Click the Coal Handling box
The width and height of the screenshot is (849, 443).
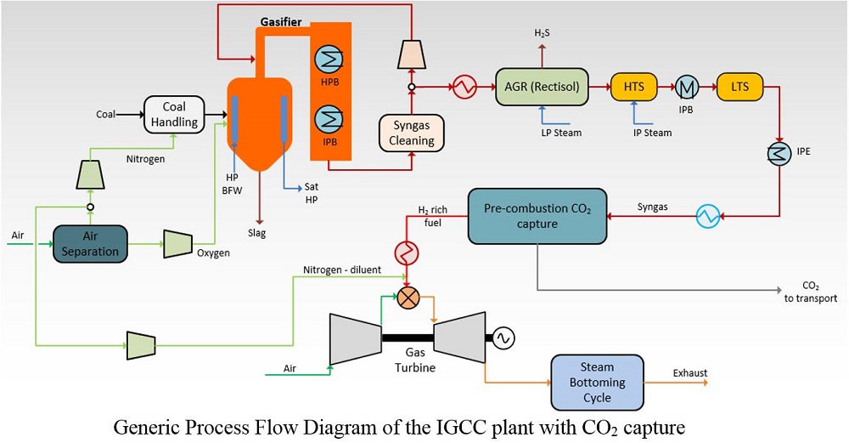pyautogui.click(x=175, y=114)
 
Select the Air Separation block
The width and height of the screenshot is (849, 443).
pyautogui.click(x=89, y=243)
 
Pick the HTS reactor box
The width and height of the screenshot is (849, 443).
pyautogui.click(x=633, y=86)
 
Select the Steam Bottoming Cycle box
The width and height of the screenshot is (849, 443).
pyautogui.click(x=597, y=382)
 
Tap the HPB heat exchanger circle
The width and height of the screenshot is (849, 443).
pyautogui.click(x=329, y=58)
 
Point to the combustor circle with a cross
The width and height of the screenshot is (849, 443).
pyautogui.click(x=408, y=298)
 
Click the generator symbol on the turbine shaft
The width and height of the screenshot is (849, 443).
pyautogui.click(x=501, y=338)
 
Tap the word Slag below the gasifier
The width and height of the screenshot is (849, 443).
pyautogui.click(x=256, y=233)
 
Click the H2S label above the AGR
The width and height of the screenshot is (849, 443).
pyautogui.click(x=541, y=33)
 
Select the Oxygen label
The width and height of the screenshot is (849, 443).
pyautogui.click(x=213, y=253)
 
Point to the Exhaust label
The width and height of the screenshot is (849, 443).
pyautogui.click(x=689, y=372)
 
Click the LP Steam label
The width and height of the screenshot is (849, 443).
pyautogui.click(x=559, y=133)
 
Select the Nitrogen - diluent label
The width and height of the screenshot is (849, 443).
pyautogui.click(x=341, y=270)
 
